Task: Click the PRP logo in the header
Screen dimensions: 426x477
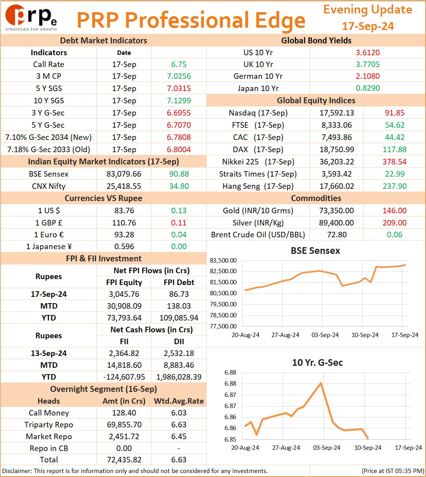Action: point(31,17)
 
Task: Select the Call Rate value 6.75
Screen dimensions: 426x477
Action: point(179,64)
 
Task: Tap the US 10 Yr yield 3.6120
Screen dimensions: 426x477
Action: point(368,52)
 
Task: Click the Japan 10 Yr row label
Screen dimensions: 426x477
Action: point(258,88)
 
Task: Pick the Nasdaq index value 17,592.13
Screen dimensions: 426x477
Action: point(336,113)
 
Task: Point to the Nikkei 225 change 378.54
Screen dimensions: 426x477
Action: point(394,162)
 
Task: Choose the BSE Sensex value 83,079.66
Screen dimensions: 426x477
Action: point(124,174)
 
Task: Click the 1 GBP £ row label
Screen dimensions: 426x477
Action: point(49,223)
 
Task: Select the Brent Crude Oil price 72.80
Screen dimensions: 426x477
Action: point(337,235)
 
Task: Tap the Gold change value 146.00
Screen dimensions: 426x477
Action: point(394,211)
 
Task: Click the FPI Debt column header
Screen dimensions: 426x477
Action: point(179,282)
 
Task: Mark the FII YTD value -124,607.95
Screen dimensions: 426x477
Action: point(124,377)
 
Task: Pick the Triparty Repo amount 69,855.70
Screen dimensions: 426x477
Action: point(124,425)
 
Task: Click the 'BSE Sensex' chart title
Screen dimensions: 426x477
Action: point(315,251)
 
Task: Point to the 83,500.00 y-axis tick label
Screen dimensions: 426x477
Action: point(223,261)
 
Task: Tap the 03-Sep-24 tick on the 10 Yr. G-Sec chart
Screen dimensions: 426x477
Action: point(327,447)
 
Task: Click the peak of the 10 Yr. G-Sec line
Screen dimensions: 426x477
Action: point(321,383)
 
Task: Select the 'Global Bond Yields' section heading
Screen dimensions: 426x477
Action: point(316,41)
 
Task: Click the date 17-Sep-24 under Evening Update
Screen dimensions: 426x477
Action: point(368,26)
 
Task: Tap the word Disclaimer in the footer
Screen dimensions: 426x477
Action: point(17,471)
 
